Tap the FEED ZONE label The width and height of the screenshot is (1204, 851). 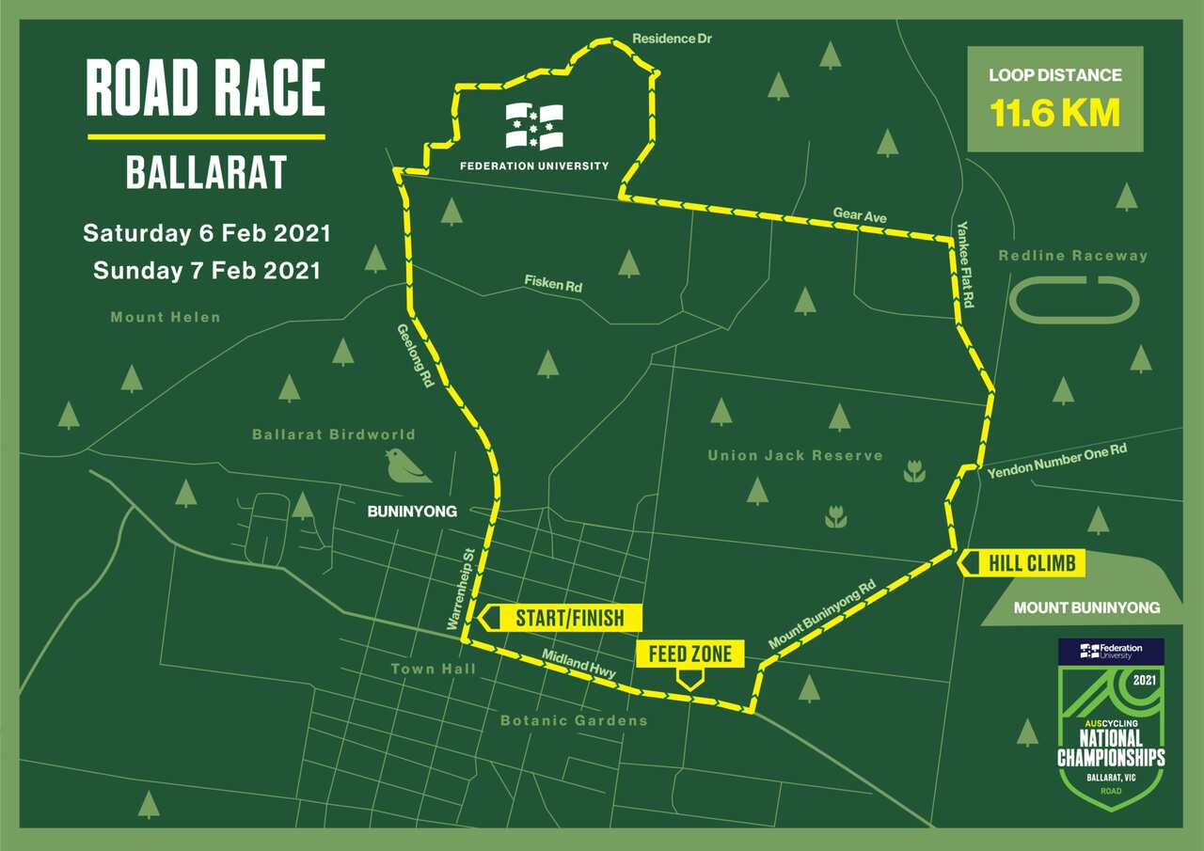690,654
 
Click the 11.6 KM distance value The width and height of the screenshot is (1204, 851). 1055,114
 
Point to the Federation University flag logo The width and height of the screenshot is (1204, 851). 534,126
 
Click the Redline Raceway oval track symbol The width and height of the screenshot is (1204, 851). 1075,300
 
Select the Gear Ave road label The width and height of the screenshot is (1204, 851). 860,215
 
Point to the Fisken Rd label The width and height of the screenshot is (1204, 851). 554,282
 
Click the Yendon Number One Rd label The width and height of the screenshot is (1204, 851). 1056,460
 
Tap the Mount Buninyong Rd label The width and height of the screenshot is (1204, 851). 822,615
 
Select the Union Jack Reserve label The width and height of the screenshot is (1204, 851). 795,455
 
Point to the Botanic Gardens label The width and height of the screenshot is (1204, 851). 574,720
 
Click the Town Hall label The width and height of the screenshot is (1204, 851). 433,669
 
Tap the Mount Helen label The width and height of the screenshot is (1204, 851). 166,317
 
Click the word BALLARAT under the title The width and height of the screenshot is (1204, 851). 206,172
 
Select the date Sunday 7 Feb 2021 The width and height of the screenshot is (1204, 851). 207,271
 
